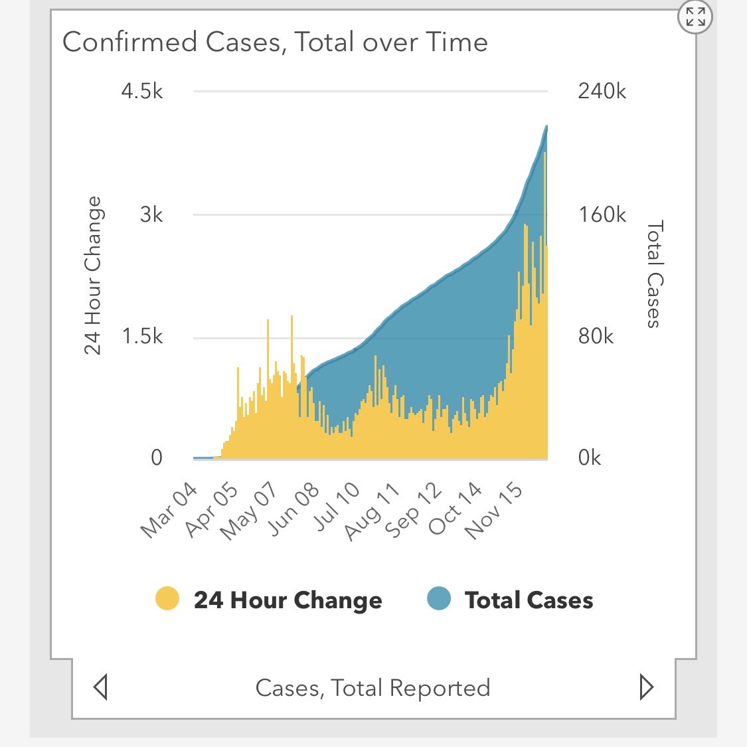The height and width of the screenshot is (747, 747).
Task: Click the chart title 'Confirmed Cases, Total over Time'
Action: click(x=275, y=42)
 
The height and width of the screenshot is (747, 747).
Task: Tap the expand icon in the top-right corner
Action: click(x=695, y=17)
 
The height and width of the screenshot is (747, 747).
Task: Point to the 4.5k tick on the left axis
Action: click(x=141, y=91)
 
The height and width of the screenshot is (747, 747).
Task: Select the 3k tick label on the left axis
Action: click(x=151, y=214)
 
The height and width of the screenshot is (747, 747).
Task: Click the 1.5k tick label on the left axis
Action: click(x=142, y=337)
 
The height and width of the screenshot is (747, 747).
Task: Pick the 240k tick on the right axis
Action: click(x=602, y=91)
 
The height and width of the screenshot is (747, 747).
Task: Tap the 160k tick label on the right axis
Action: click(x=602, y=214)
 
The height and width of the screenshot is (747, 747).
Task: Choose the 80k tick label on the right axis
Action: click(x=596, y=337)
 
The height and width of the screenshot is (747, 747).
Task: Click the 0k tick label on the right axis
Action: click(x=590, y=458)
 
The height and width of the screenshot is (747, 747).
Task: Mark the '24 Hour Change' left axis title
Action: click(x=93, y=276)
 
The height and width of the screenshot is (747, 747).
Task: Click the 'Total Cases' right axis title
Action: click(x=654, y=274)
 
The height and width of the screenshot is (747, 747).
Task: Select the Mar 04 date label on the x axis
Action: click(x=169, y=510)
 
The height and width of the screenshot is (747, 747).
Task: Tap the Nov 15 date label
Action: click(x=494, y=510)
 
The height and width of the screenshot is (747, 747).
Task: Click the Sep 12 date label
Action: click(x=413, y=510)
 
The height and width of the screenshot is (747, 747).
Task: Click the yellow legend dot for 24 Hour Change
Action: click(x=167, y=599)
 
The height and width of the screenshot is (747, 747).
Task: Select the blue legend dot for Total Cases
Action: click(x=438, y=599)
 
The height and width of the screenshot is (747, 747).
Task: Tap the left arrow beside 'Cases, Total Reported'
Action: click(x=101, y=687)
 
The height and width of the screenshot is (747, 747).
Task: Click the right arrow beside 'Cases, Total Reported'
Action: click(x=645, y=687)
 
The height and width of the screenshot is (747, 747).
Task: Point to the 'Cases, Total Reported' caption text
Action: click(x=373, y=688)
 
